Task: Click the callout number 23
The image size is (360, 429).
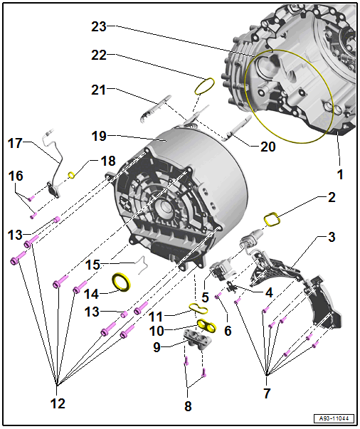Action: pyautogui.click(x=99, y=26)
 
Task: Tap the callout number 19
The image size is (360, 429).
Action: pyautogui.click(x=99, y=136)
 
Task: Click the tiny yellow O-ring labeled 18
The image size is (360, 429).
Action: pyautogui.click(x=71, y=175)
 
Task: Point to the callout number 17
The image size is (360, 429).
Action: pyautogui.click(x=15, y=143)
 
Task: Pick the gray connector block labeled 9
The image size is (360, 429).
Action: pyautogui.click(x=198, y=339)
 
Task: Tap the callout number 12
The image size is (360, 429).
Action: pyautogui.click(x=58, y=403)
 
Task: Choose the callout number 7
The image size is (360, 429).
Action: pyautogui.click(x=267, y=393)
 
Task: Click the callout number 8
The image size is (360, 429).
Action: pyautogui.click(x=188, y=406)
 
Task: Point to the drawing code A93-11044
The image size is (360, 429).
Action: pyautogui.click(x=334, y=418)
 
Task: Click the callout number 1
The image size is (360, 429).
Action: pyautogui.click(x=340, y=174)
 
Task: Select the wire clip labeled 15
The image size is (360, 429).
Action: pyautogui.click(x=142, y=264)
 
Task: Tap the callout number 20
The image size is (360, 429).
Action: pyautogui.click(x=268, y=147)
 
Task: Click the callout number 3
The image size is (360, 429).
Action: pyautogui.click(x=332, y=237)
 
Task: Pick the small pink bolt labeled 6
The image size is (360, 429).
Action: pyautogui.click(x=218, y=296)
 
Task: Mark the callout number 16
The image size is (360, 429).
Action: pyautogui.click(x=16, y=176)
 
